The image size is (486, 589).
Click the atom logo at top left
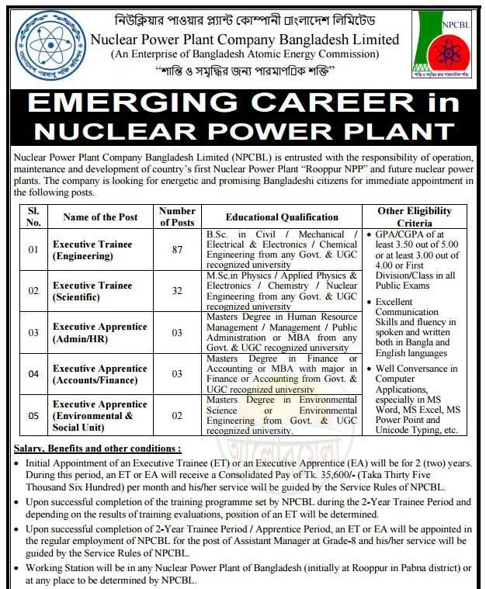43,42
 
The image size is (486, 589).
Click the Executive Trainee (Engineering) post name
92,250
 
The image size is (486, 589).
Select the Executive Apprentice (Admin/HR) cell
99,332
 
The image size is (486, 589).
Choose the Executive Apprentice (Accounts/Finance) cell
99,374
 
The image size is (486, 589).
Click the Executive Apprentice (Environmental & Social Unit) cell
99,416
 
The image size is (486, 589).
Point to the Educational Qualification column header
282,217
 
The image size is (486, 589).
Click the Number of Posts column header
177,217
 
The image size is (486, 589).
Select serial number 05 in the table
33,416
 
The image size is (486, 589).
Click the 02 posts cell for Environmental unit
177,416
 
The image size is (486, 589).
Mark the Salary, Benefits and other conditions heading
98,449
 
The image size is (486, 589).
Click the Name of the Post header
100,217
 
